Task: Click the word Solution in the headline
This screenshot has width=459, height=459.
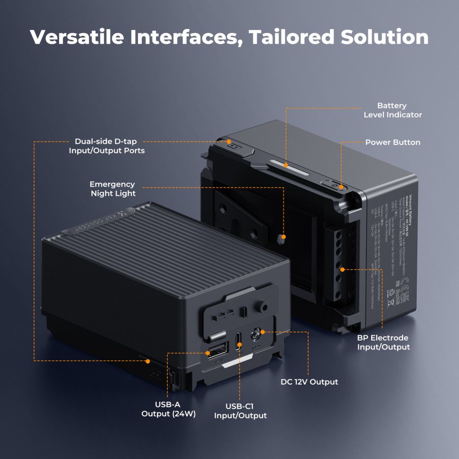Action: (385, 37)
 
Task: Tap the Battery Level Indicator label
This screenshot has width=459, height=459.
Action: (392, 110)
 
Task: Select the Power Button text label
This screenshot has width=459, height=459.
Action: (392, 143)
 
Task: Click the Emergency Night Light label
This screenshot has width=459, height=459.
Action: (112, 189)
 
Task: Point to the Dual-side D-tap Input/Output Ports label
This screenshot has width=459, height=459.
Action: (107, 146)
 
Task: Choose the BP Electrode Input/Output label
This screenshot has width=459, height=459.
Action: (383, 342)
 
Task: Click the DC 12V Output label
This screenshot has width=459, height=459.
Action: (309, 382)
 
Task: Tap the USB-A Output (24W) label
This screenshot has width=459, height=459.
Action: (169, 409)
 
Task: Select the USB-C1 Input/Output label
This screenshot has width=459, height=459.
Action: (240, 411)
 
